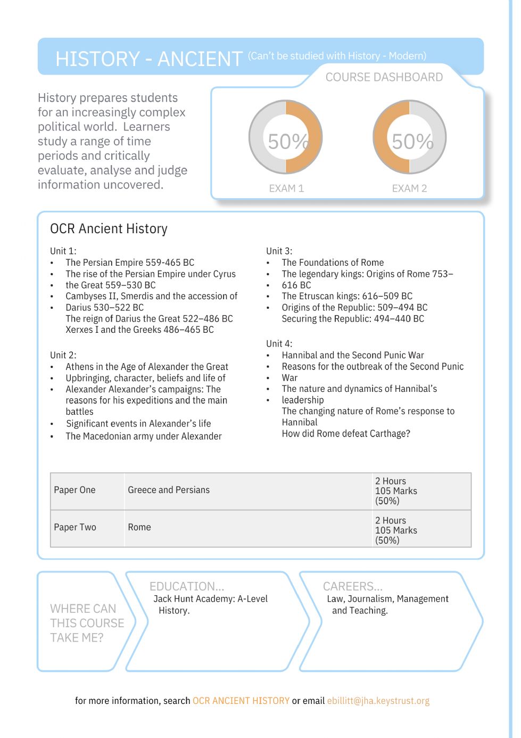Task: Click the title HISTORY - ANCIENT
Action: point(149,59)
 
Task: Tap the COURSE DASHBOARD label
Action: point(384,77)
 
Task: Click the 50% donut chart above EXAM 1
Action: point(286,137)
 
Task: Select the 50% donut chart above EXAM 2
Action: point(409,137)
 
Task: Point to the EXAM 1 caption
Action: point(286,188)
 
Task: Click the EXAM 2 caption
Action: point(409,188)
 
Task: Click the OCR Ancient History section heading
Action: point(109,229)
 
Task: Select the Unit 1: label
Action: point(63,251)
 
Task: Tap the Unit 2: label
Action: point(63,355)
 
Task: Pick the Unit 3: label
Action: point(279,251)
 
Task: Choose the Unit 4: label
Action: point(279,344)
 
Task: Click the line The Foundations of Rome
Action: point(333,263)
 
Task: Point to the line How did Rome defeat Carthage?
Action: point(346,433)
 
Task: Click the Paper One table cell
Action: point(75,490)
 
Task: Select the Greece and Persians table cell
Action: point(169,490)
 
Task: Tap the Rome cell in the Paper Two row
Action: point(139,527)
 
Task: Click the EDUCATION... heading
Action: point(187,586)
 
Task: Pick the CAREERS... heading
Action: point(353,586)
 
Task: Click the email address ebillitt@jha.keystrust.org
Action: point(378,701)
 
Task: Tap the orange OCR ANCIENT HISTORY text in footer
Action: point(241,701)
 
